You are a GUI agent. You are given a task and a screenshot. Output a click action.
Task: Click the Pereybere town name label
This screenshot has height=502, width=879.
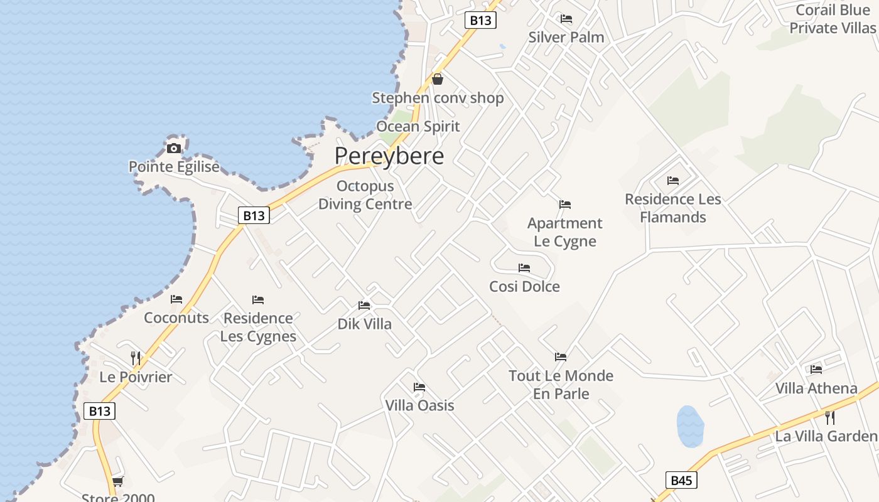point(389,156)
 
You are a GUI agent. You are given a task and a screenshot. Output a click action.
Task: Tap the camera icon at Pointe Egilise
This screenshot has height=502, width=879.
point(174,148)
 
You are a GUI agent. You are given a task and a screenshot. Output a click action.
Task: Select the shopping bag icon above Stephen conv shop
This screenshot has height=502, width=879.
point(438,79)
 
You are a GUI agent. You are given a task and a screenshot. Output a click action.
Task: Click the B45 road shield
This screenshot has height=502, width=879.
point(681,481)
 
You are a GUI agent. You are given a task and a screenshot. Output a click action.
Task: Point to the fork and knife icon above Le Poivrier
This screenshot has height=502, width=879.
point(136,358)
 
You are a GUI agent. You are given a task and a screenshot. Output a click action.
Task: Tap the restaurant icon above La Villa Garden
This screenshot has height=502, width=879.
point(829,417)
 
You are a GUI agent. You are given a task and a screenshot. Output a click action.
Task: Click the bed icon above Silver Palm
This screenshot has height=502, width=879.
point(566,19)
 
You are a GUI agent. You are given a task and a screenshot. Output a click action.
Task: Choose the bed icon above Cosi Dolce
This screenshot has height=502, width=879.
point(524,268)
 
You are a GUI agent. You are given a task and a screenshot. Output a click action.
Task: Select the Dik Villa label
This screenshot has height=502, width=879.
point(364,324)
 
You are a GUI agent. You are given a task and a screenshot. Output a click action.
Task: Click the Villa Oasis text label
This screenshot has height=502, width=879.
point(419,405)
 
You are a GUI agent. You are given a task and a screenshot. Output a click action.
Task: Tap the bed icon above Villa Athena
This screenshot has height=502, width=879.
point(816,369)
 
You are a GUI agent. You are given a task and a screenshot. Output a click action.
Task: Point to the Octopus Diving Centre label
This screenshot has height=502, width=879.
point(365,195)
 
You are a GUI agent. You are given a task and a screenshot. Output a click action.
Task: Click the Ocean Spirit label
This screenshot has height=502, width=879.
point(418,126)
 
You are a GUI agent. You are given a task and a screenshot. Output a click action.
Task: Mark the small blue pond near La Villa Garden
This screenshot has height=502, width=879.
point(690,426)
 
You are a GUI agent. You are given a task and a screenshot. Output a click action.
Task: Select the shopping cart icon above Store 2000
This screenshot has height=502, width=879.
point(117,481)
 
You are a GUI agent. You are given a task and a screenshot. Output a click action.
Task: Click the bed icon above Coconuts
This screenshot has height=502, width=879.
point(176,299)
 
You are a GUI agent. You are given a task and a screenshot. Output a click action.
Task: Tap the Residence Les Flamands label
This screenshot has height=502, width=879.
point(673,208)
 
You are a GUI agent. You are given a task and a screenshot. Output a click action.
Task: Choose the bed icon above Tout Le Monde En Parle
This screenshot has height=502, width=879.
point(561,357)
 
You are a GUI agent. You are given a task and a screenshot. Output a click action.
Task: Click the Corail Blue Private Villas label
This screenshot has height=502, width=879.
point(832,19)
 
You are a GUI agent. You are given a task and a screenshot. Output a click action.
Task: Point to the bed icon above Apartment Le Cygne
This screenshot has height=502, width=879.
point(565,205)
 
